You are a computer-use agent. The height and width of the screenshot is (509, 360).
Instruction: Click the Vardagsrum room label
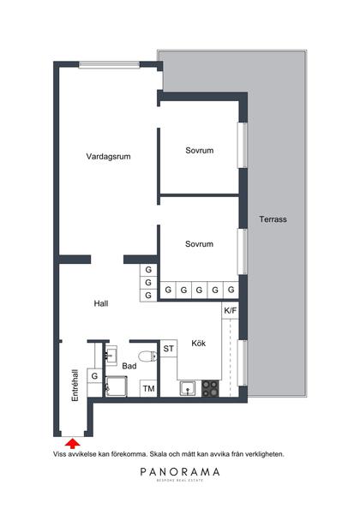click(108, 157)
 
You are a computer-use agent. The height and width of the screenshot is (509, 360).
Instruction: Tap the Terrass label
click(273, 219)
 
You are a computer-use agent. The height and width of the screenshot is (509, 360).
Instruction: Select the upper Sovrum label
click(199, 151)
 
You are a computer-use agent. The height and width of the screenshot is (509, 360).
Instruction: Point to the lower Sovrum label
click(199, 244)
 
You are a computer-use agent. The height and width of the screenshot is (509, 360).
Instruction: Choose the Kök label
click(199, 342)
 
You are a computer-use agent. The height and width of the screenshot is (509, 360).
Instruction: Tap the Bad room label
click(129, 366)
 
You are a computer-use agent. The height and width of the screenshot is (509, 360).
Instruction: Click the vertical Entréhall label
click(75, 386)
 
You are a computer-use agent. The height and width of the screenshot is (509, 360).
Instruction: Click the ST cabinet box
click(169, 349)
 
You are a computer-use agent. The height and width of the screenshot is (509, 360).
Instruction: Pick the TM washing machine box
click(148, 389)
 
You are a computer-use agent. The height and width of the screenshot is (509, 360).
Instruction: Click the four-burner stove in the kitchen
click(210, 390)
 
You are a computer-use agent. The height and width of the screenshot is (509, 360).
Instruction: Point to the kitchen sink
click(187, 390)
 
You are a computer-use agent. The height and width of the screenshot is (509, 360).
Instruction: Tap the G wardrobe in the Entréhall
click(94, 375)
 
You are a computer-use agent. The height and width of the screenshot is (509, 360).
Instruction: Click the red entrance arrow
click(73, 442)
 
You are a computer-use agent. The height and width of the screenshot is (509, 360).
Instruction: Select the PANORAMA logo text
click(180, 472)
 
